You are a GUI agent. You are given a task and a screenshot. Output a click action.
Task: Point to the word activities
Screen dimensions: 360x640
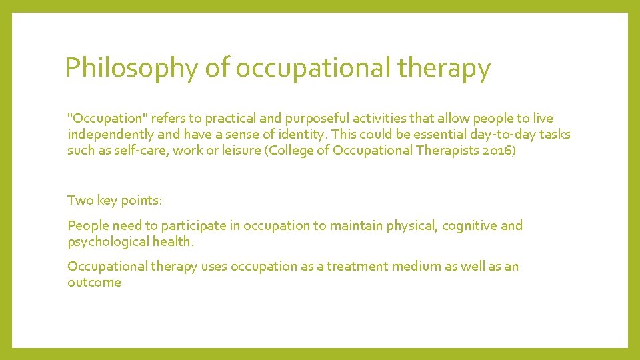386,118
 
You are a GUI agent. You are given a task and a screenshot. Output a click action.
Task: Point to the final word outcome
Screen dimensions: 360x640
94,282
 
